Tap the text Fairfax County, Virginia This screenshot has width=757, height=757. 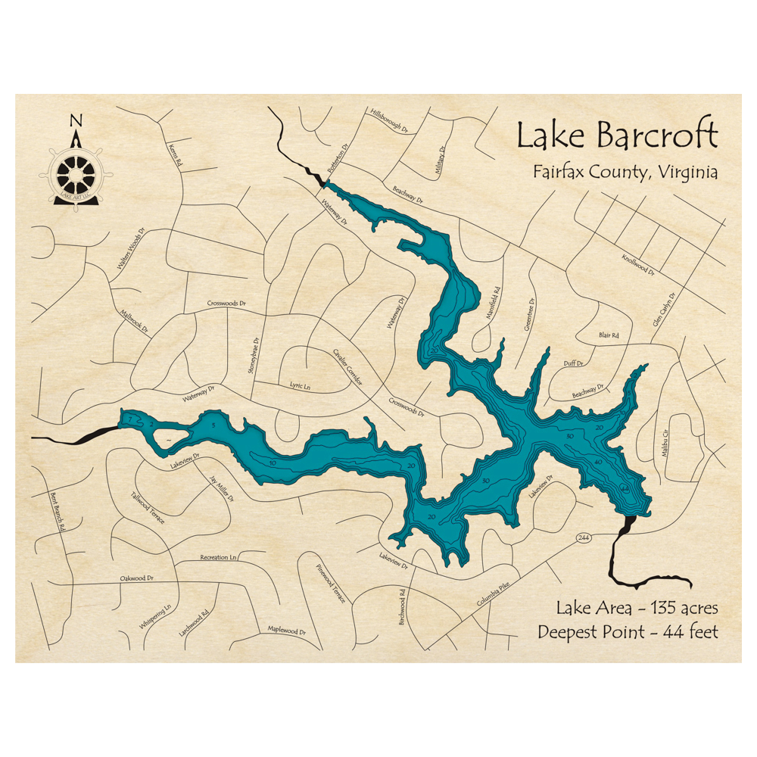coord(625,173)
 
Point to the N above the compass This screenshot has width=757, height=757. coord(75,121)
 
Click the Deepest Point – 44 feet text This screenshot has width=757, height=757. coord(628,631)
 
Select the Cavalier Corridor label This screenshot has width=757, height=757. coord(347,366)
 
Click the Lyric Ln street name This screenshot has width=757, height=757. coord(301,386)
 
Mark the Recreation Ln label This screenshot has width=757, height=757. coord(219,558)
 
